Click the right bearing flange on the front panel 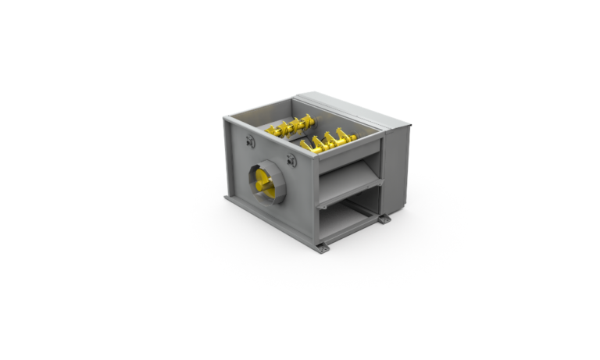(x=291, y=160)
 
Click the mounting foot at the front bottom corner (x=323, y=247)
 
